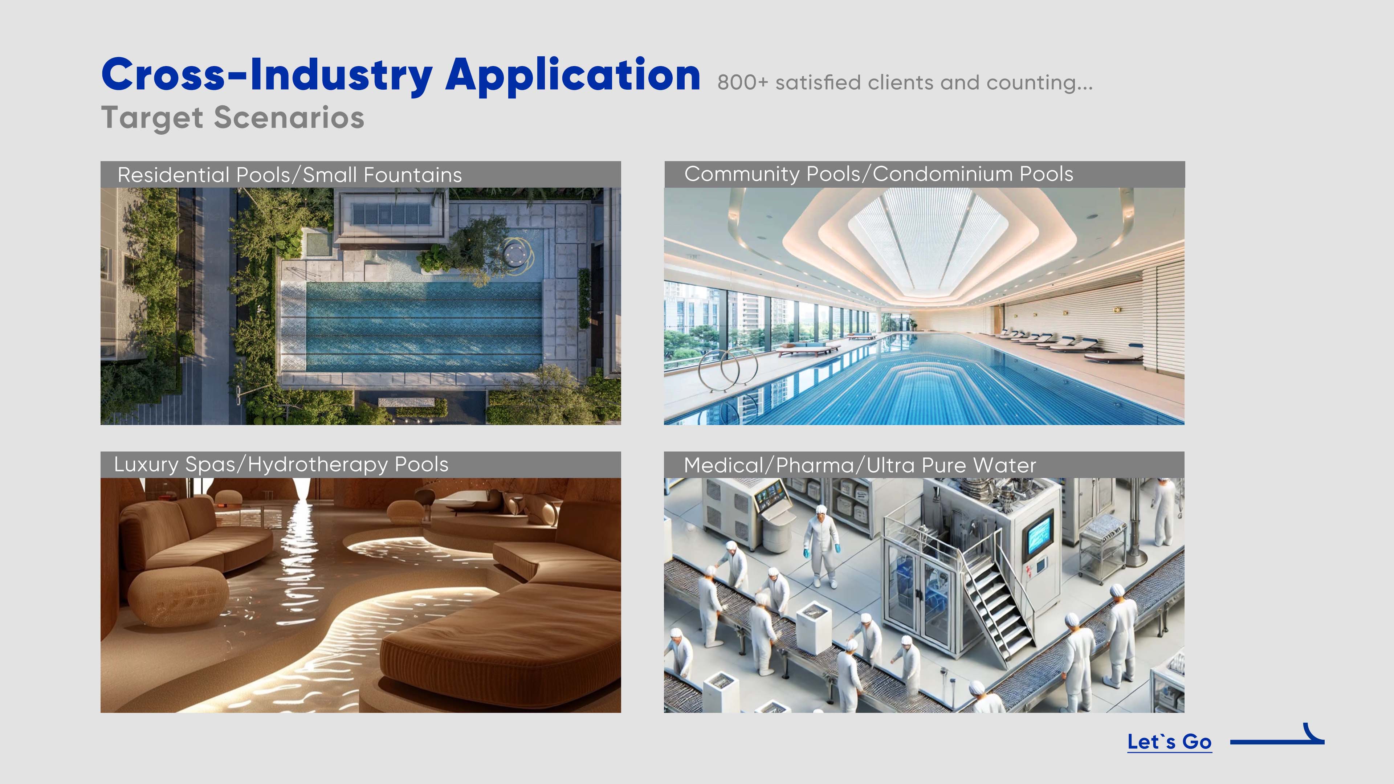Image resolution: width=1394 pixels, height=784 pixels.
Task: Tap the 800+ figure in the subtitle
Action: (742, 83)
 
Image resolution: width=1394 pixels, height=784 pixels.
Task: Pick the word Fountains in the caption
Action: (413, 175)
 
